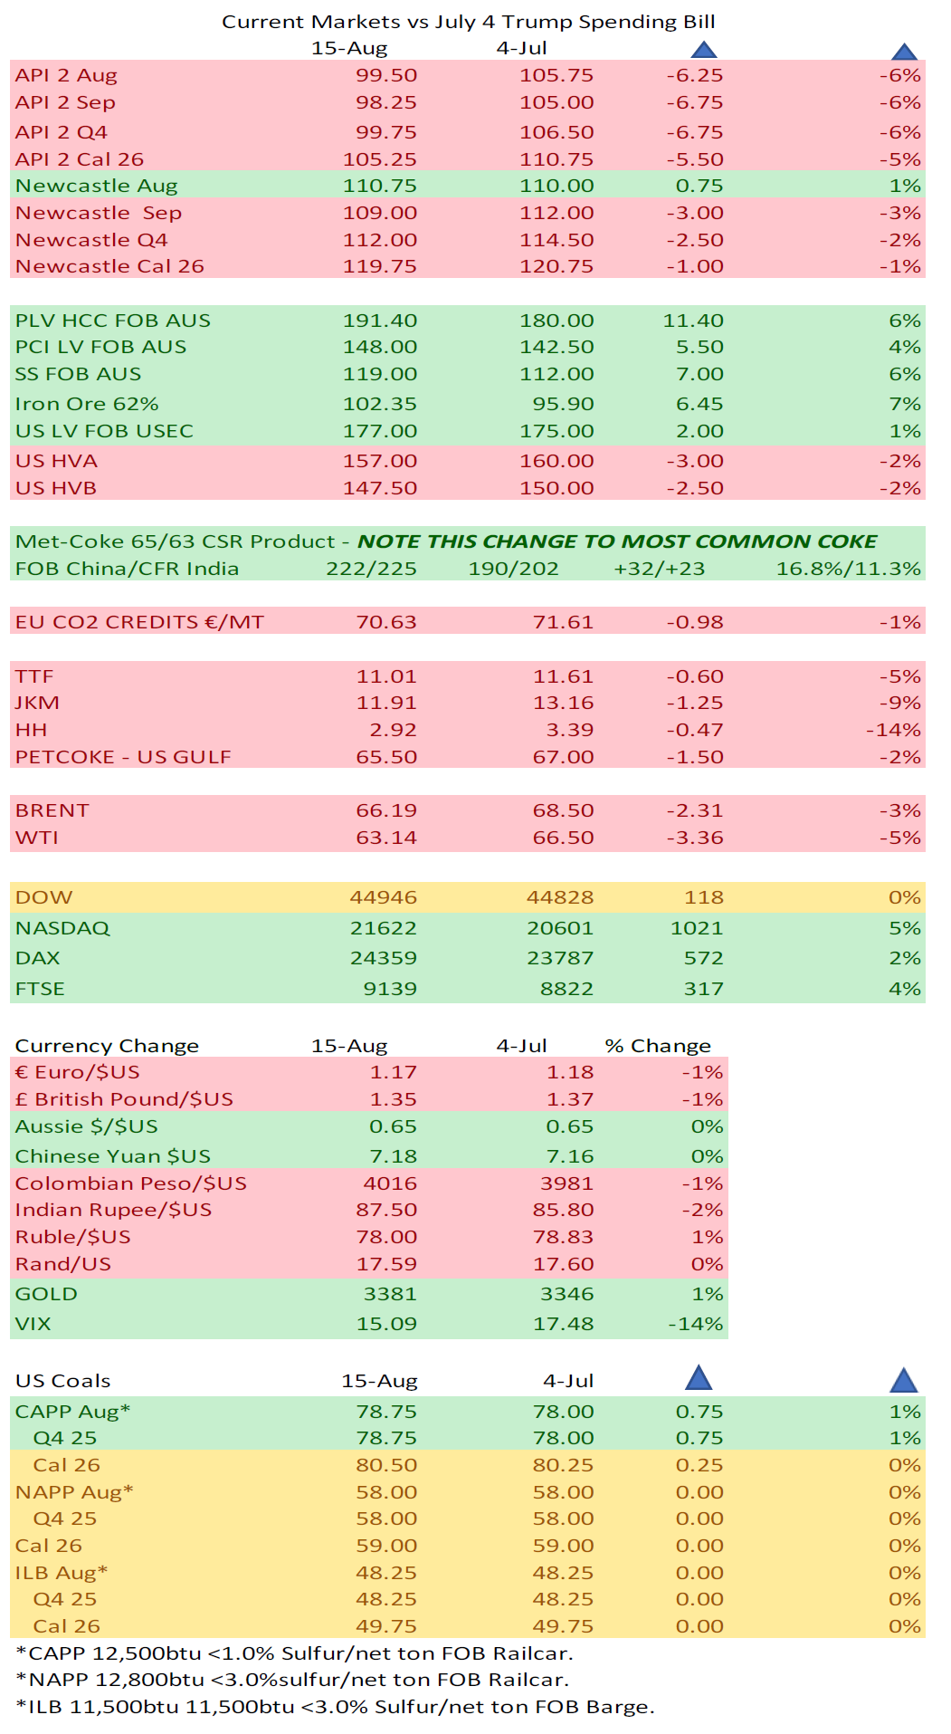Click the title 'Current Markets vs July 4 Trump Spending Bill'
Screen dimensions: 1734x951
pos(468,22)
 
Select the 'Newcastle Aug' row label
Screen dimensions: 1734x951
pos(96,186)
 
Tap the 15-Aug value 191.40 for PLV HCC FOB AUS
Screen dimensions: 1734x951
pos(379,321)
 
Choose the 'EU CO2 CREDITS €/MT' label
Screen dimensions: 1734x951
pos(139,622)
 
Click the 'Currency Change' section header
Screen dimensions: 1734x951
pos(107,1046)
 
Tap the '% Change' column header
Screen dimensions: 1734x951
pos(658,1046)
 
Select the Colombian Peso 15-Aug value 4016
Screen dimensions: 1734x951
pos(390,1183)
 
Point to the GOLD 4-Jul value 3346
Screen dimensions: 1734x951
pos(566,1294)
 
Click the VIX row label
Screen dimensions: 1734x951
pos(33,1324)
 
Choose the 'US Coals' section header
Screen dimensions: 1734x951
pos(62,1381)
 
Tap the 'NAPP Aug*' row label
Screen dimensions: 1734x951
pos(74,1492)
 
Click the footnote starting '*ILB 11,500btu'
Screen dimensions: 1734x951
pos(335,1707)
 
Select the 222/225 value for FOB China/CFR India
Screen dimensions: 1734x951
pos(371,569)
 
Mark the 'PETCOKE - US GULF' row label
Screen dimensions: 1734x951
pos(123,757)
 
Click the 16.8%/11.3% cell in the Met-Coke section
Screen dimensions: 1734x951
pos(848,569)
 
